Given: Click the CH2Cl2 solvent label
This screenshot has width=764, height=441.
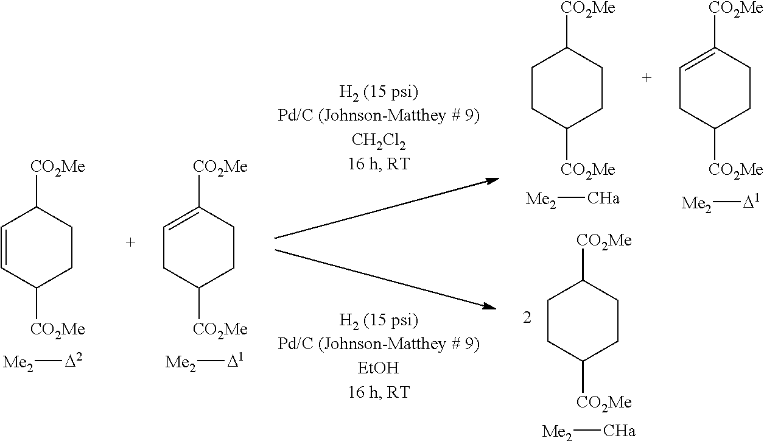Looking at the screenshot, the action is pos(379,141).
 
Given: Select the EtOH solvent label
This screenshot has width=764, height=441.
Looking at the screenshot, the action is pos(378,368).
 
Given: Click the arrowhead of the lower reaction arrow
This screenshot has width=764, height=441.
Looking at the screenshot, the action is pos(490,306).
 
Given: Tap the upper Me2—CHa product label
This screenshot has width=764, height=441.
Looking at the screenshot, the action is pos(572,199).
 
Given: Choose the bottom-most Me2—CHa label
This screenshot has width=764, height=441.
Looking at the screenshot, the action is pos(589,431).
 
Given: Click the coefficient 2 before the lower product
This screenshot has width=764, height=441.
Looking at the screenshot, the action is pos(527,318).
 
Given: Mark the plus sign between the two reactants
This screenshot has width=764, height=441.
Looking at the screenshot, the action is pos(131,242).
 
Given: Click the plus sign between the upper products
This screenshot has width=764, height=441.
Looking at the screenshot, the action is pos(647,78).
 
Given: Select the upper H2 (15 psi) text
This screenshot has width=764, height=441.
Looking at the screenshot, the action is pos(379,93).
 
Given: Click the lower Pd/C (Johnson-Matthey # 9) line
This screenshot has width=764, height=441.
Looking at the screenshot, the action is pos(379,344).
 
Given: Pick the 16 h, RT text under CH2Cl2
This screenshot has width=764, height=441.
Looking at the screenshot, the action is pos(379,164).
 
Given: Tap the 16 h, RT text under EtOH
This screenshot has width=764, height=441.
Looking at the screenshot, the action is pos(379,392).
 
